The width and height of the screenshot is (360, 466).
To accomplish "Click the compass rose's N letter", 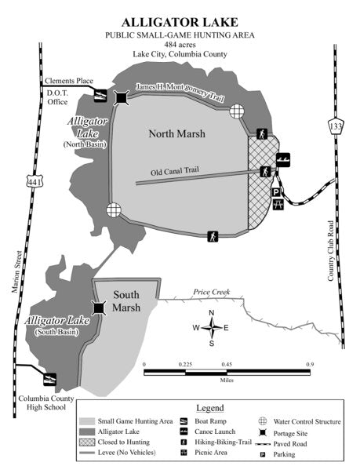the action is (x=211, y=313).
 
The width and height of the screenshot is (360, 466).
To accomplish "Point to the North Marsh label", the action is (x=177, y=134).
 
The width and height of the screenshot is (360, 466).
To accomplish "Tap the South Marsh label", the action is (x=126, y=301).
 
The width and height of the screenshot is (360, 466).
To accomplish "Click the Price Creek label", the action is (x=206, y=293).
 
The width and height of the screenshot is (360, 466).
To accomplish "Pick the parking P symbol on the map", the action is (x=276, y=192).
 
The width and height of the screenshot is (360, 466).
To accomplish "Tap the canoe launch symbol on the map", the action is (x=282, y=159).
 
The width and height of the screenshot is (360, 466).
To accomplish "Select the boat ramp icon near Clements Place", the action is (x=101, y=96).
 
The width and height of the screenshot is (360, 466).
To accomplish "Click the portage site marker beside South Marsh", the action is (x=99, y=308).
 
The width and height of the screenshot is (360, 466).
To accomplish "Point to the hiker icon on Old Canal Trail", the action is (x=266, y=171).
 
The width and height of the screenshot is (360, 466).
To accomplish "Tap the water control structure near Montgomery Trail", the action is (x=238, y=111).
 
